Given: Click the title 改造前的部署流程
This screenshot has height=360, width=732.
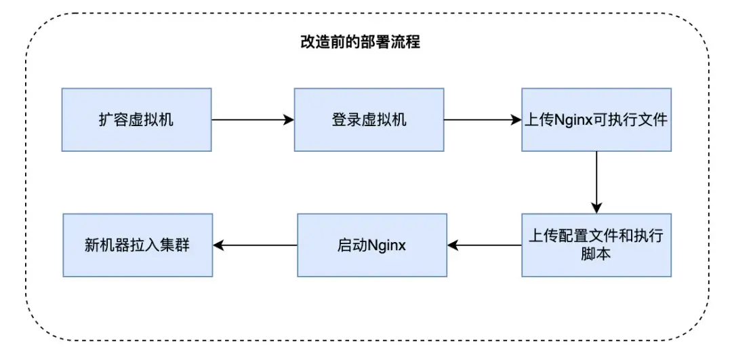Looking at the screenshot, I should (x=360, y=42).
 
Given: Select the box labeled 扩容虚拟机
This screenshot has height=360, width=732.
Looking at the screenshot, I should (x=136, y=119).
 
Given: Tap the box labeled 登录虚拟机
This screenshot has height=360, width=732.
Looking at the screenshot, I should (x=369, y=119).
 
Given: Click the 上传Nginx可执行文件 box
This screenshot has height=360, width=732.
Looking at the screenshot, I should (x=596, y=119).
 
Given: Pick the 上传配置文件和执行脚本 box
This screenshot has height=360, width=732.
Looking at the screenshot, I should (x=596, y=245).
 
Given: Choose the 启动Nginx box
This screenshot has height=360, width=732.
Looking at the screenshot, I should (x=372, y=245).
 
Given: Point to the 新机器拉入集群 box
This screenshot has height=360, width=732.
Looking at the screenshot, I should (x=138, y=245).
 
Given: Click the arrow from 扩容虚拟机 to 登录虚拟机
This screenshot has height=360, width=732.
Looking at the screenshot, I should (x=252, y=120).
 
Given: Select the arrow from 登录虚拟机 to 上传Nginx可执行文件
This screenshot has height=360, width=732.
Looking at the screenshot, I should (x=482, y=120).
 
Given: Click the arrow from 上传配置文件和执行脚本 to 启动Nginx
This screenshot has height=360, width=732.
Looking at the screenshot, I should (x=484, y=245).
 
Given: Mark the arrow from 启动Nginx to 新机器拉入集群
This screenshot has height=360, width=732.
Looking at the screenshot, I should (x=255, y=245).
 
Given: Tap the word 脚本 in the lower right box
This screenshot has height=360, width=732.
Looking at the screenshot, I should (x=596, y=255).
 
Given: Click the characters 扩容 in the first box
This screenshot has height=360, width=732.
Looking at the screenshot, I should (x=111, y=120).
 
